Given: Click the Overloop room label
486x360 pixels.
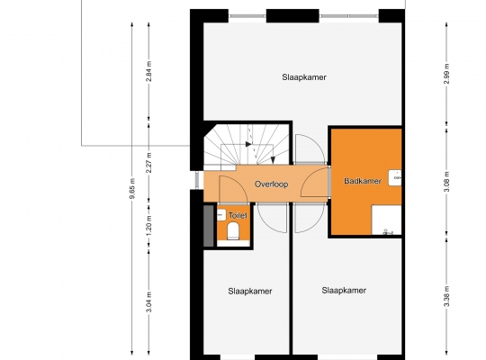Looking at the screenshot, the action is [271, 184].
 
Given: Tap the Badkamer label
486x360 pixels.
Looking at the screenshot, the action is [363, 181].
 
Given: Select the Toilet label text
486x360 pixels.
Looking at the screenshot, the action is [238, 215].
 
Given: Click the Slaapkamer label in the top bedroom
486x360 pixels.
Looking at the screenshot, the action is [304, 77].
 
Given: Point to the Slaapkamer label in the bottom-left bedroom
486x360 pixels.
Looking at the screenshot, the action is [250, 292].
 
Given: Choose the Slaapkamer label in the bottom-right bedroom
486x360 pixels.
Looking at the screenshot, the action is [344, 291].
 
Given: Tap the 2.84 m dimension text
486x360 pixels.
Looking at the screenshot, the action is [149, 71].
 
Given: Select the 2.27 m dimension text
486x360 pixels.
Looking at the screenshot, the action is [149, 163].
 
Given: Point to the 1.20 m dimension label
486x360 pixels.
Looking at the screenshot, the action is [149, 225].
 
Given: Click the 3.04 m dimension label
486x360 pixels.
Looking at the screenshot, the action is [149, 302].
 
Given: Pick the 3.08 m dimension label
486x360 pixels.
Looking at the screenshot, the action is [446, 182].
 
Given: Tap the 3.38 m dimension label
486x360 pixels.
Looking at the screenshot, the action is [446, 296].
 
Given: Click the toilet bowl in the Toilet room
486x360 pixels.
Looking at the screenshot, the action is [233, 232].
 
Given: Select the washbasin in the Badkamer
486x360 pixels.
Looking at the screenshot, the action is [395, 177].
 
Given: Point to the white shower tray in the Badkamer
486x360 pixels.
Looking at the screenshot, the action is [386, 220].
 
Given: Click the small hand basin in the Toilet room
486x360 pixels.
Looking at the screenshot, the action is [221, 215].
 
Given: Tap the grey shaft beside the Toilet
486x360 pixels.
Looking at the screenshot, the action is [209, 226].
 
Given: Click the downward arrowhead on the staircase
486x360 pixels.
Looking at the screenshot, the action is [273, 160].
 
